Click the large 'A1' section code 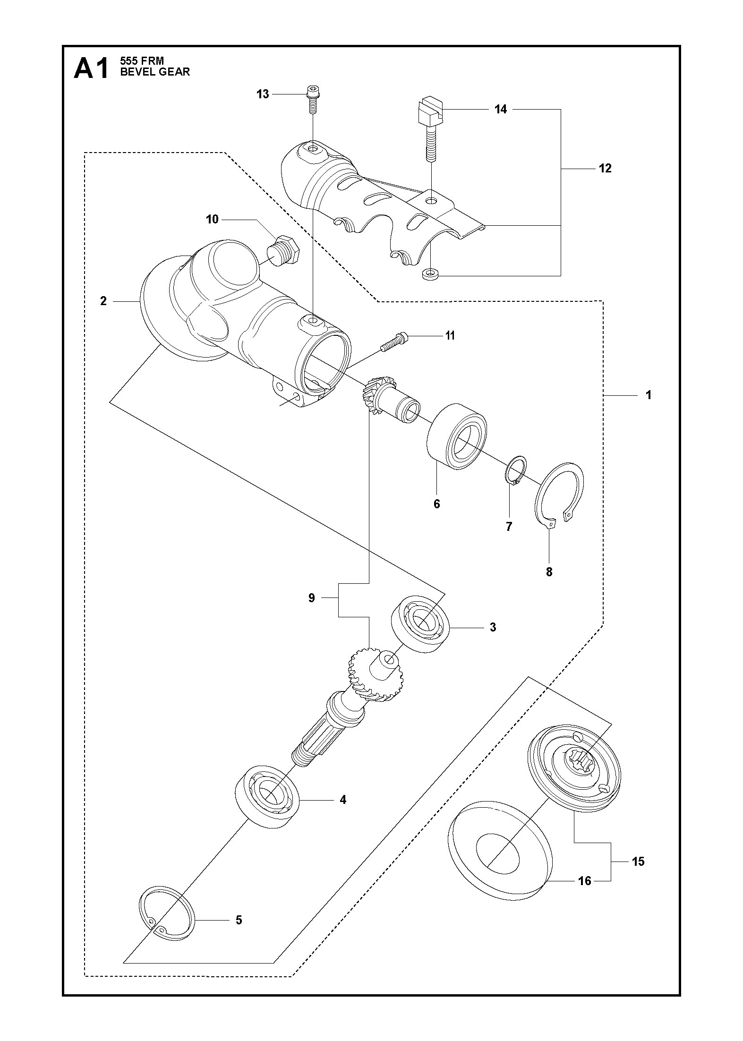tap(91, 69)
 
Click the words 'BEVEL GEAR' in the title tap(155, 72)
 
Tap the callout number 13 tap(263, 94)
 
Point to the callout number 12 tap(605, 168)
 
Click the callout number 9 tap(311, 598)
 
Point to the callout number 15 tap(638, 861)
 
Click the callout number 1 tap(649, 394)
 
